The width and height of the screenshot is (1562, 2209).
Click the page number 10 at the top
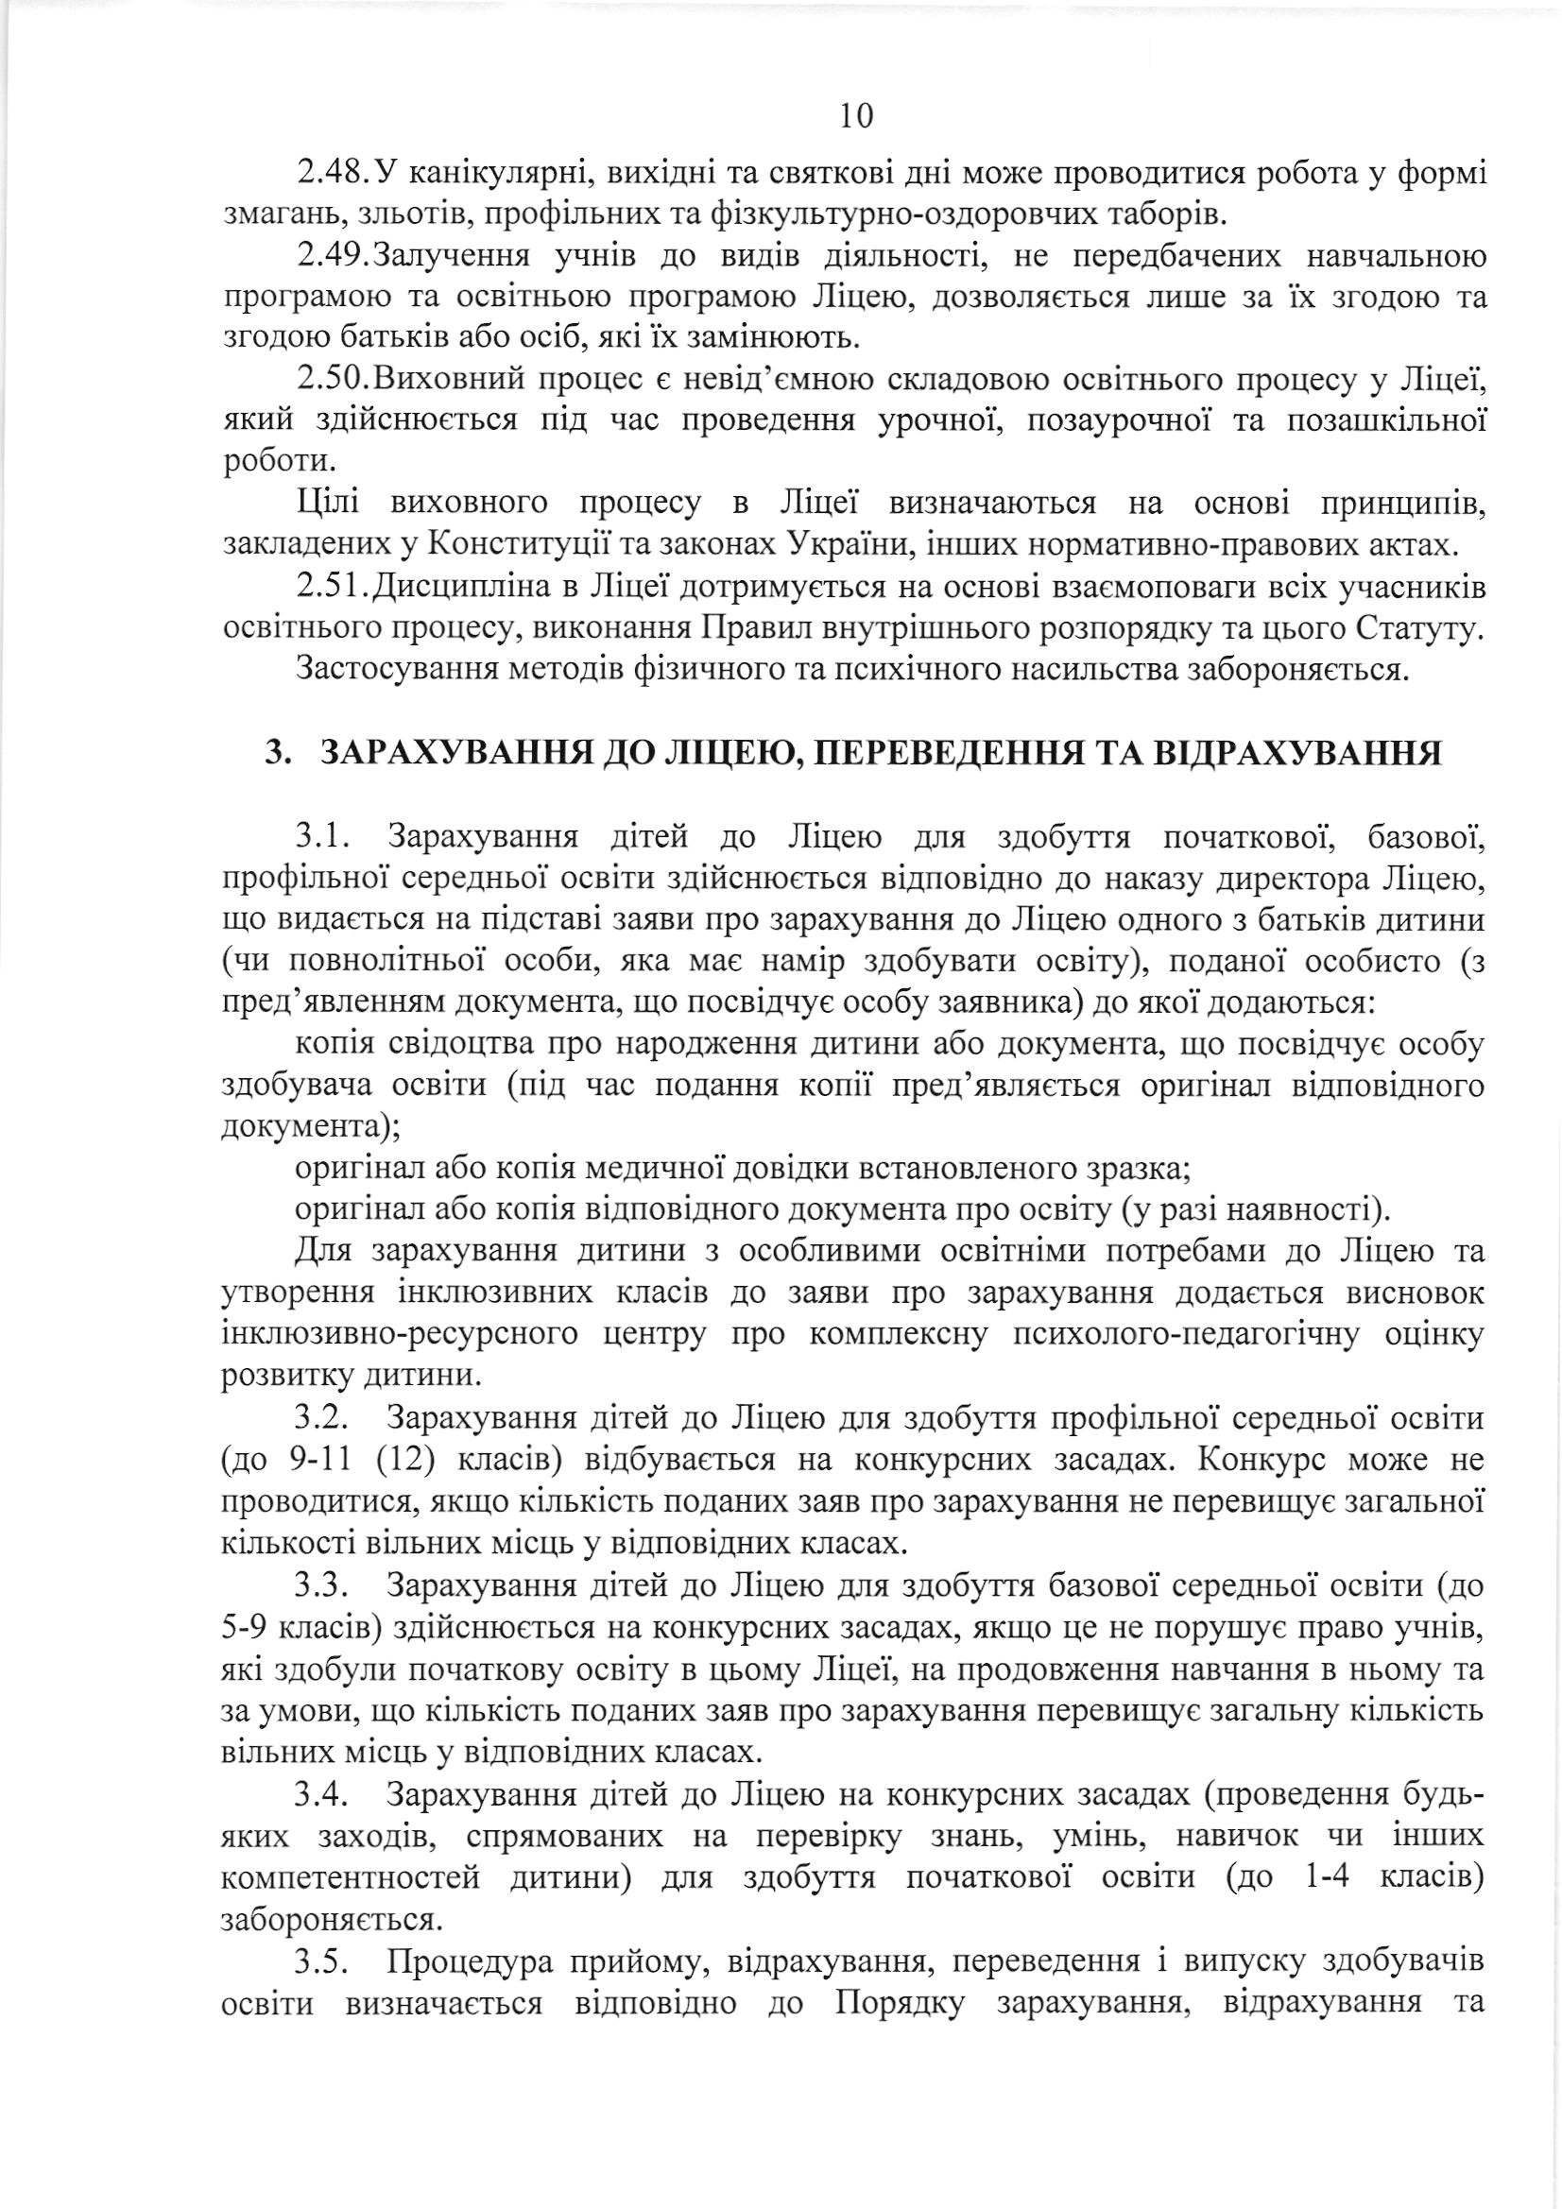(x=856, y=116)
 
